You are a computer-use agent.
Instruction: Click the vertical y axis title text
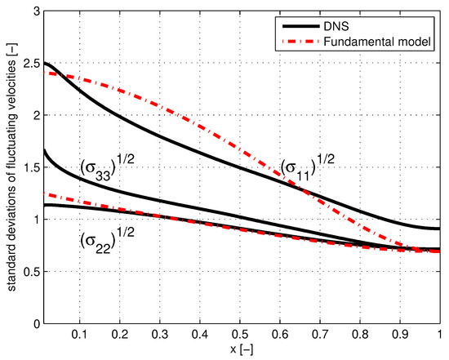[9, 167]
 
